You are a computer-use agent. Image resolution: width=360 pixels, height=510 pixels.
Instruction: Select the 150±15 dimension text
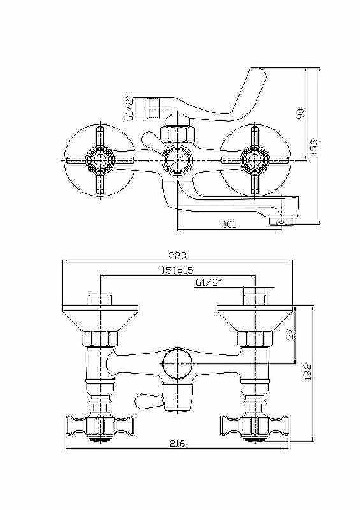coord(178,270)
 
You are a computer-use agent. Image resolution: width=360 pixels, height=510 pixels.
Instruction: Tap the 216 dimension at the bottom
coord(178,442)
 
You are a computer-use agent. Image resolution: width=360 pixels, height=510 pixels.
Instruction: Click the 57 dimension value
coord(291,333)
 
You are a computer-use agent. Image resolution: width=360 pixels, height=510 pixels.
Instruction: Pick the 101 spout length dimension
coord(229,224)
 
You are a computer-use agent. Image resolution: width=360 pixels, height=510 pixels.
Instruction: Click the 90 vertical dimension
coord(301,114)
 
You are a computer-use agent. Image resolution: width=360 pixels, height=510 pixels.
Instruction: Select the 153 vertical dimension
coord(314,147)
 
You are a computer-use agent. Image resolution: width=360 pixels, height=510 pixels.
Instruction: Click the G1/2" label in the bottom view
coord(208,282)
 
